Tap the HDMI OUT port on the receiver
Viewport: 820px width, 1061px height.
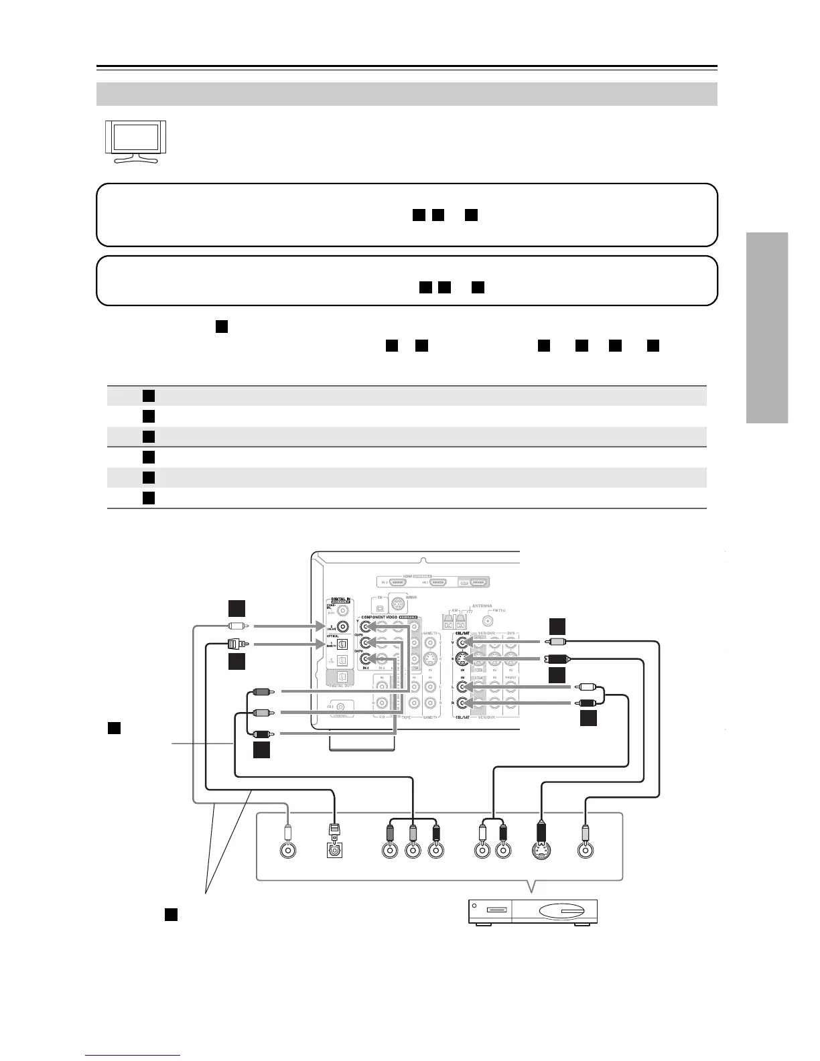click(x=478, y=582)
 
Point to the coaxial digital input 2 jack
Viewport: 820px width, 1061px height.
click(x=343, y=627)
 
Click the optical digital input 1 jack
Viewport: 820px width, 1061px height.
click(x=342, y=645)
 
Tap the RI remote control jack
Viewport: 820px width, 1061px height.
click(x=342, y=707)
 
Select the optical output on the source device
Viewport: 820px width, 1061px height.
click(x=334, y=849)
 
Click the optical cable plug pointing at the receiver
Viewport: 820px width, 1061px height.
click(x=234, y=645)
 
